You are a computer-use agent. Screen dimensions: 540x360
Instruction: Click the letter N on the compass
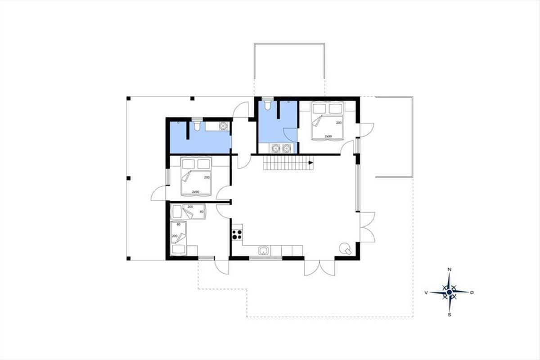[450, 270]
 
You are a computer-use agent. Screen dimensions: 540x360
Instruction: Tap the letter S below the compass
[450, 315]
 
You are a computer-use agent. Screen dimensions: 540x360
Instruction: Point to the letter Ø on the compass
[472, 292]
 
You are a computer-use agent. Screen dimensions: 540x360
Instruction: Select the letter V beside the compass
[426, 293]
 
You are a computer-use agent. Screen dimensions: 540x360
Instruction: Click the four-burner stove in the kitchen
[237, 234]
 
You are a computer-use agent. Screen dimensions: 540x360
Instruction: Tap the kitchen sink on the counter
[264, 251]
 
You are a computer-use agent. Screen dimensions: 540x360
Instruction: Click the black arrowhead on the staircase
[311, 163]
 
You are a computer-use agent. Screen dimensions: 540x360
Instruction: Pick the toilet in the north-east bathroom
[268, 103]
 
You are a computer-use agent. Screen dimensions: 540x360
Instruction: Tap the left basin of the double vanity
[275, 148]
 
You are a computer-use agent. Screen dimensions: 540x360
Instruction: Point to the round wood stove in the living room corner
[344, 248]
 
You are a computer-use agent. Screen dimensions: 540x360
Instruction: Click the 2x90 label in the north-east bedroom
[328, 136]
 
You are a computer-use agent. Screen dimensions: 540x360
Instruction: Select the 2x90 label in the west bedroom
[195, 192]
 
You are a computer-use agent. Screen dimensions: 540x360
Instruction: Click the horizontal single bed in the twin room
[188, 211]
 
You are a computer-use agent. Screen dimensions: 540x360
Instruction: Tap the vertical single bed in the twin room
[179, 238]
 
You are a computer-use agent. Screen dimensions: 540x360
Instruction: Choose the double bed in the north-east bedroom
[328, 121]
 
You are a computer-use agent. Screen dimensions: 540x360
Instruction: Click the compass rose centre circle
[450, 292]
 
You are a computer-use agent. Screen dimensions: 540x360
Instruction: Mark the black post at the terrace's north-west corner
[129, 99]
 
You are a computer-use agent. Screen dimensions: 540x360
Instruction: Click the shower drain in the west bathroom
[178, 123]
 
